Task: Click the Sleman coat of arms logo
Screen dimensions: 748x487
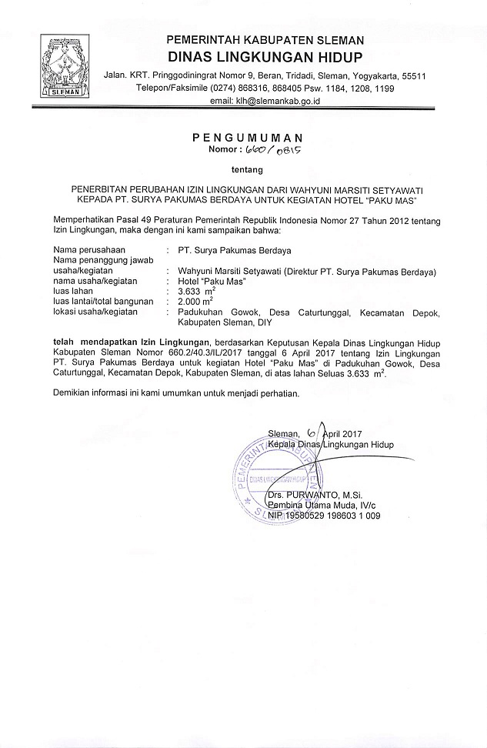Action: [x=67, y=65]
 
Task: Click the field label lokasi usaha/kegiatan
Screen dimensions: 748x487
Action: [x=95, y=312]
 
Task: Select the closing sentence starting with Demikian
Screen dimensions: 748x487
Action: [x=174, y=393]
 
